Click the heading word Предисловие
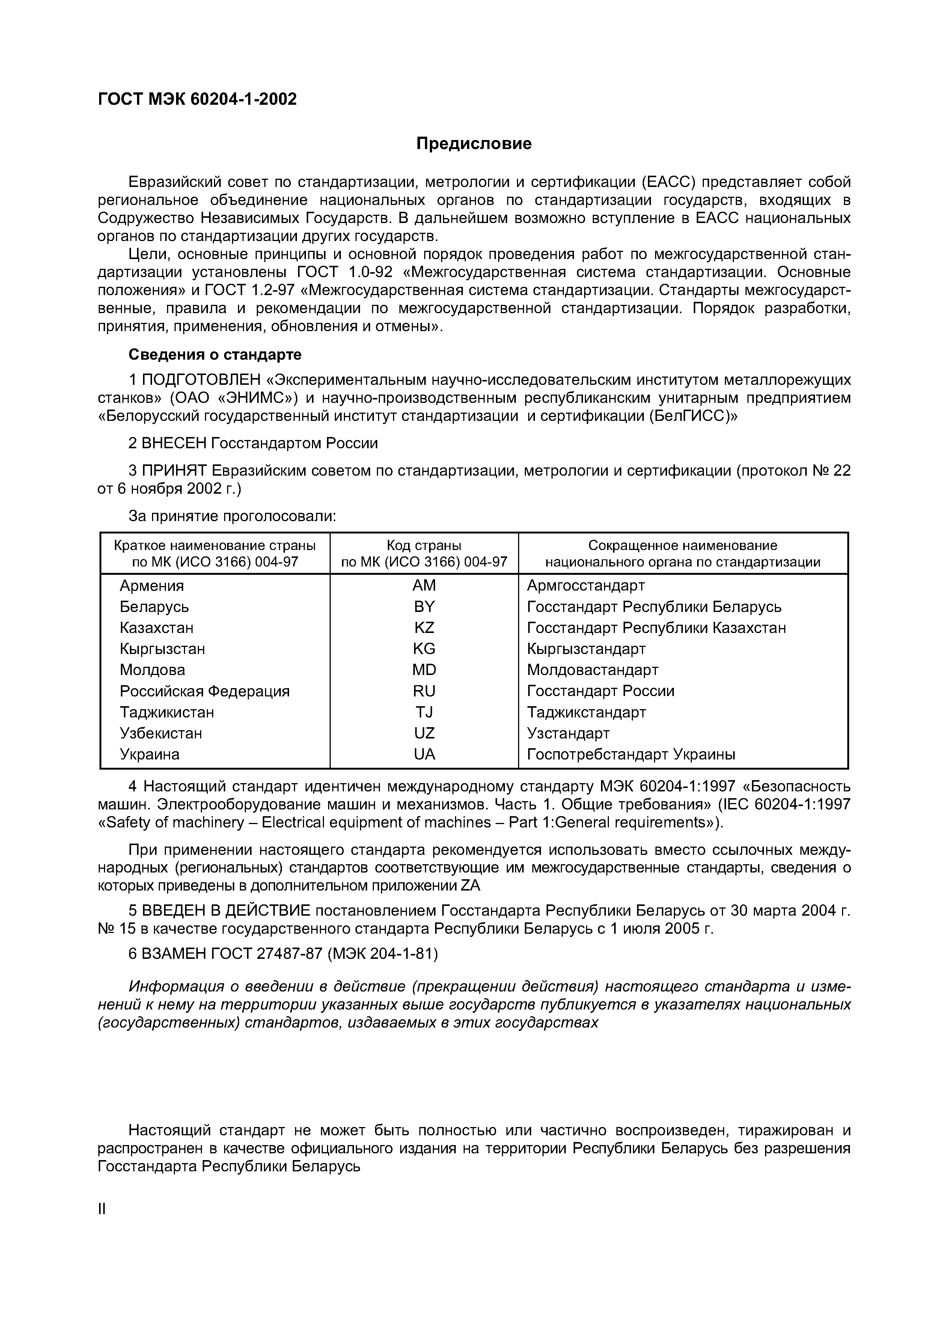[x=474, y=143]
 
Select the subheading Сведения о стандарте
[x=214, y=354]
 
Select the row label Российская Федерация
[x=204, y=691]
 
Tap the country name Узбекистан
[x=161, y=733]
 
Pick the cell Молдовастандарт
[x=592, y=670]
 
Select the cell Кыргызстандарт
[x=586, y=649]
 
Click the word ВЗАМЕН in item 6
[x=175, y=953]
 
